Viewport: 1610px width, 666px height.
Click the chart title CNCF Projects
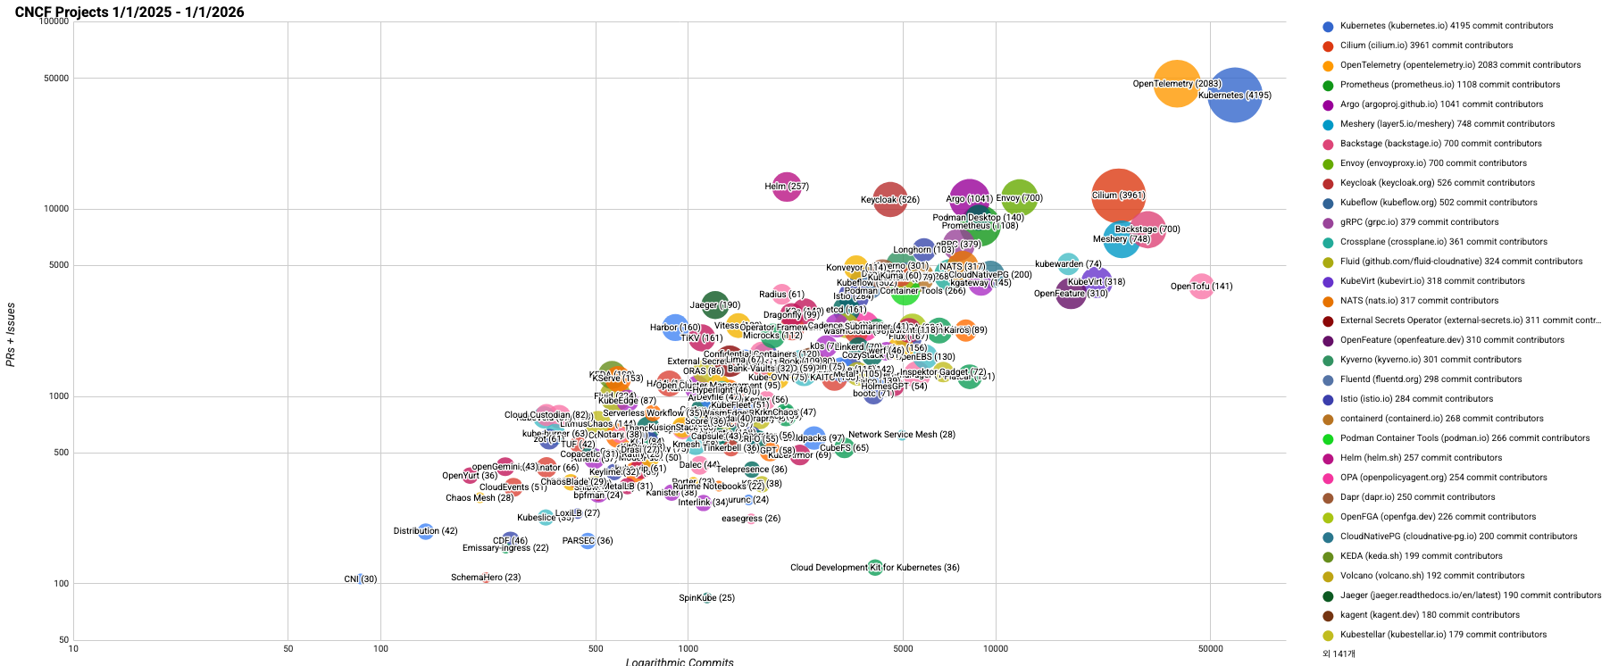(x=129, y=12)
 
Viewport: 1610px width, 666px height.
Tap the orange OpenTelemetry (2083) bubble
(x=1177, y=84)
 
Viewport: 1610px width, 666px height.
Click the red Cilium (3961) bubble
(x=1118, y=196)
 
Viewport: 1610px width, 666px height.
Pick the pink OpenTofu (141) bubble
(x=1202, y=287)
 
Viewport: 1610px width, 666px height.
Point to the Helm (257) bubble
(x=786, y=187)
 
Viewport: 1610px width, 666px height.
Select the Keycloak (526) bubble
(x=889, y=200)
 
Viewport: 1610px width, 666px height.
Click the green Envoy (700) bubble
(x=1019, y=197)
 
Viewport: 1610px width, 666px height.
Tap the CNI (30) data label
(x=361, y=579)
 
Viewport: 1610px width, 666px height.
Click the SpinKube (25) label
(x=706, y=598)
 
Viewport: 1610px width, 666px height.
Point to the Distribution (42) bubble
(x=426, y=531)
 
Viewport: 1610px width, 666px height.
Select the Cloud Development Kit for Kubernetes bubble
(x=875, y=568)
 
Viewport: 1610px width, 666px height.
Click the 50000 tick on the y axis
(x=56, y=79)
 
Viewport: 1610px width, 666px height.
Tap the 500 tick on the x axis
(x=596, y=649)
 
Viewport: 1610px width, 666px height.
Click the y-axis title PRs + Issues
(x=11, y=335)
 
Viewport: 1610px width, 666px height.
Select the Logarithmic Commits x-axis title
(x=680, y=662)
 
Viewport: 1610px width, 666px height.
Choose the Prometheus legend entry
(x=1450, y=85)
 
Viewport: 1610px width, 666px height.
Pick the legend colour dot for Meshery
(x=1328, y=124)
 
